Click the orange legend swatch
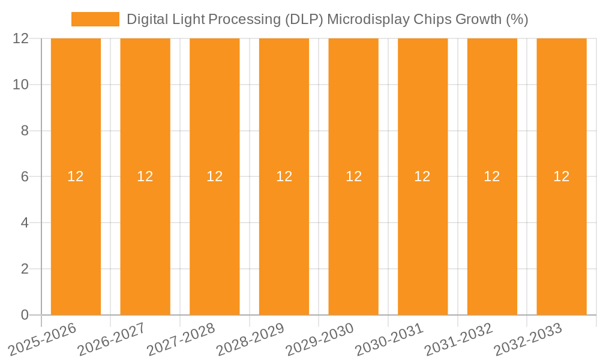[x=95, y=19]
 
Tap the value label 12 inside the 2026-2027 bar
[x=145, y=176]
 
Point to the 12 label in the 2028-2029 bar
[x=284, y=176]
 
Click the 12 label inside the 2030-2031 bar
[x=422, y=176]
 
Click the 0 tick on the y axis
[x=25, y=315]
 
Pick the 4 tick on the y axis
[x=25, y=223]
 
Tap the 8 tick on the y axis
[x=25, y=131]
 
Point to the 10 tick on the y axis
[x=21, y=85]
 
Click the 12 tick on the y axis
[x=21, y=38]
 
